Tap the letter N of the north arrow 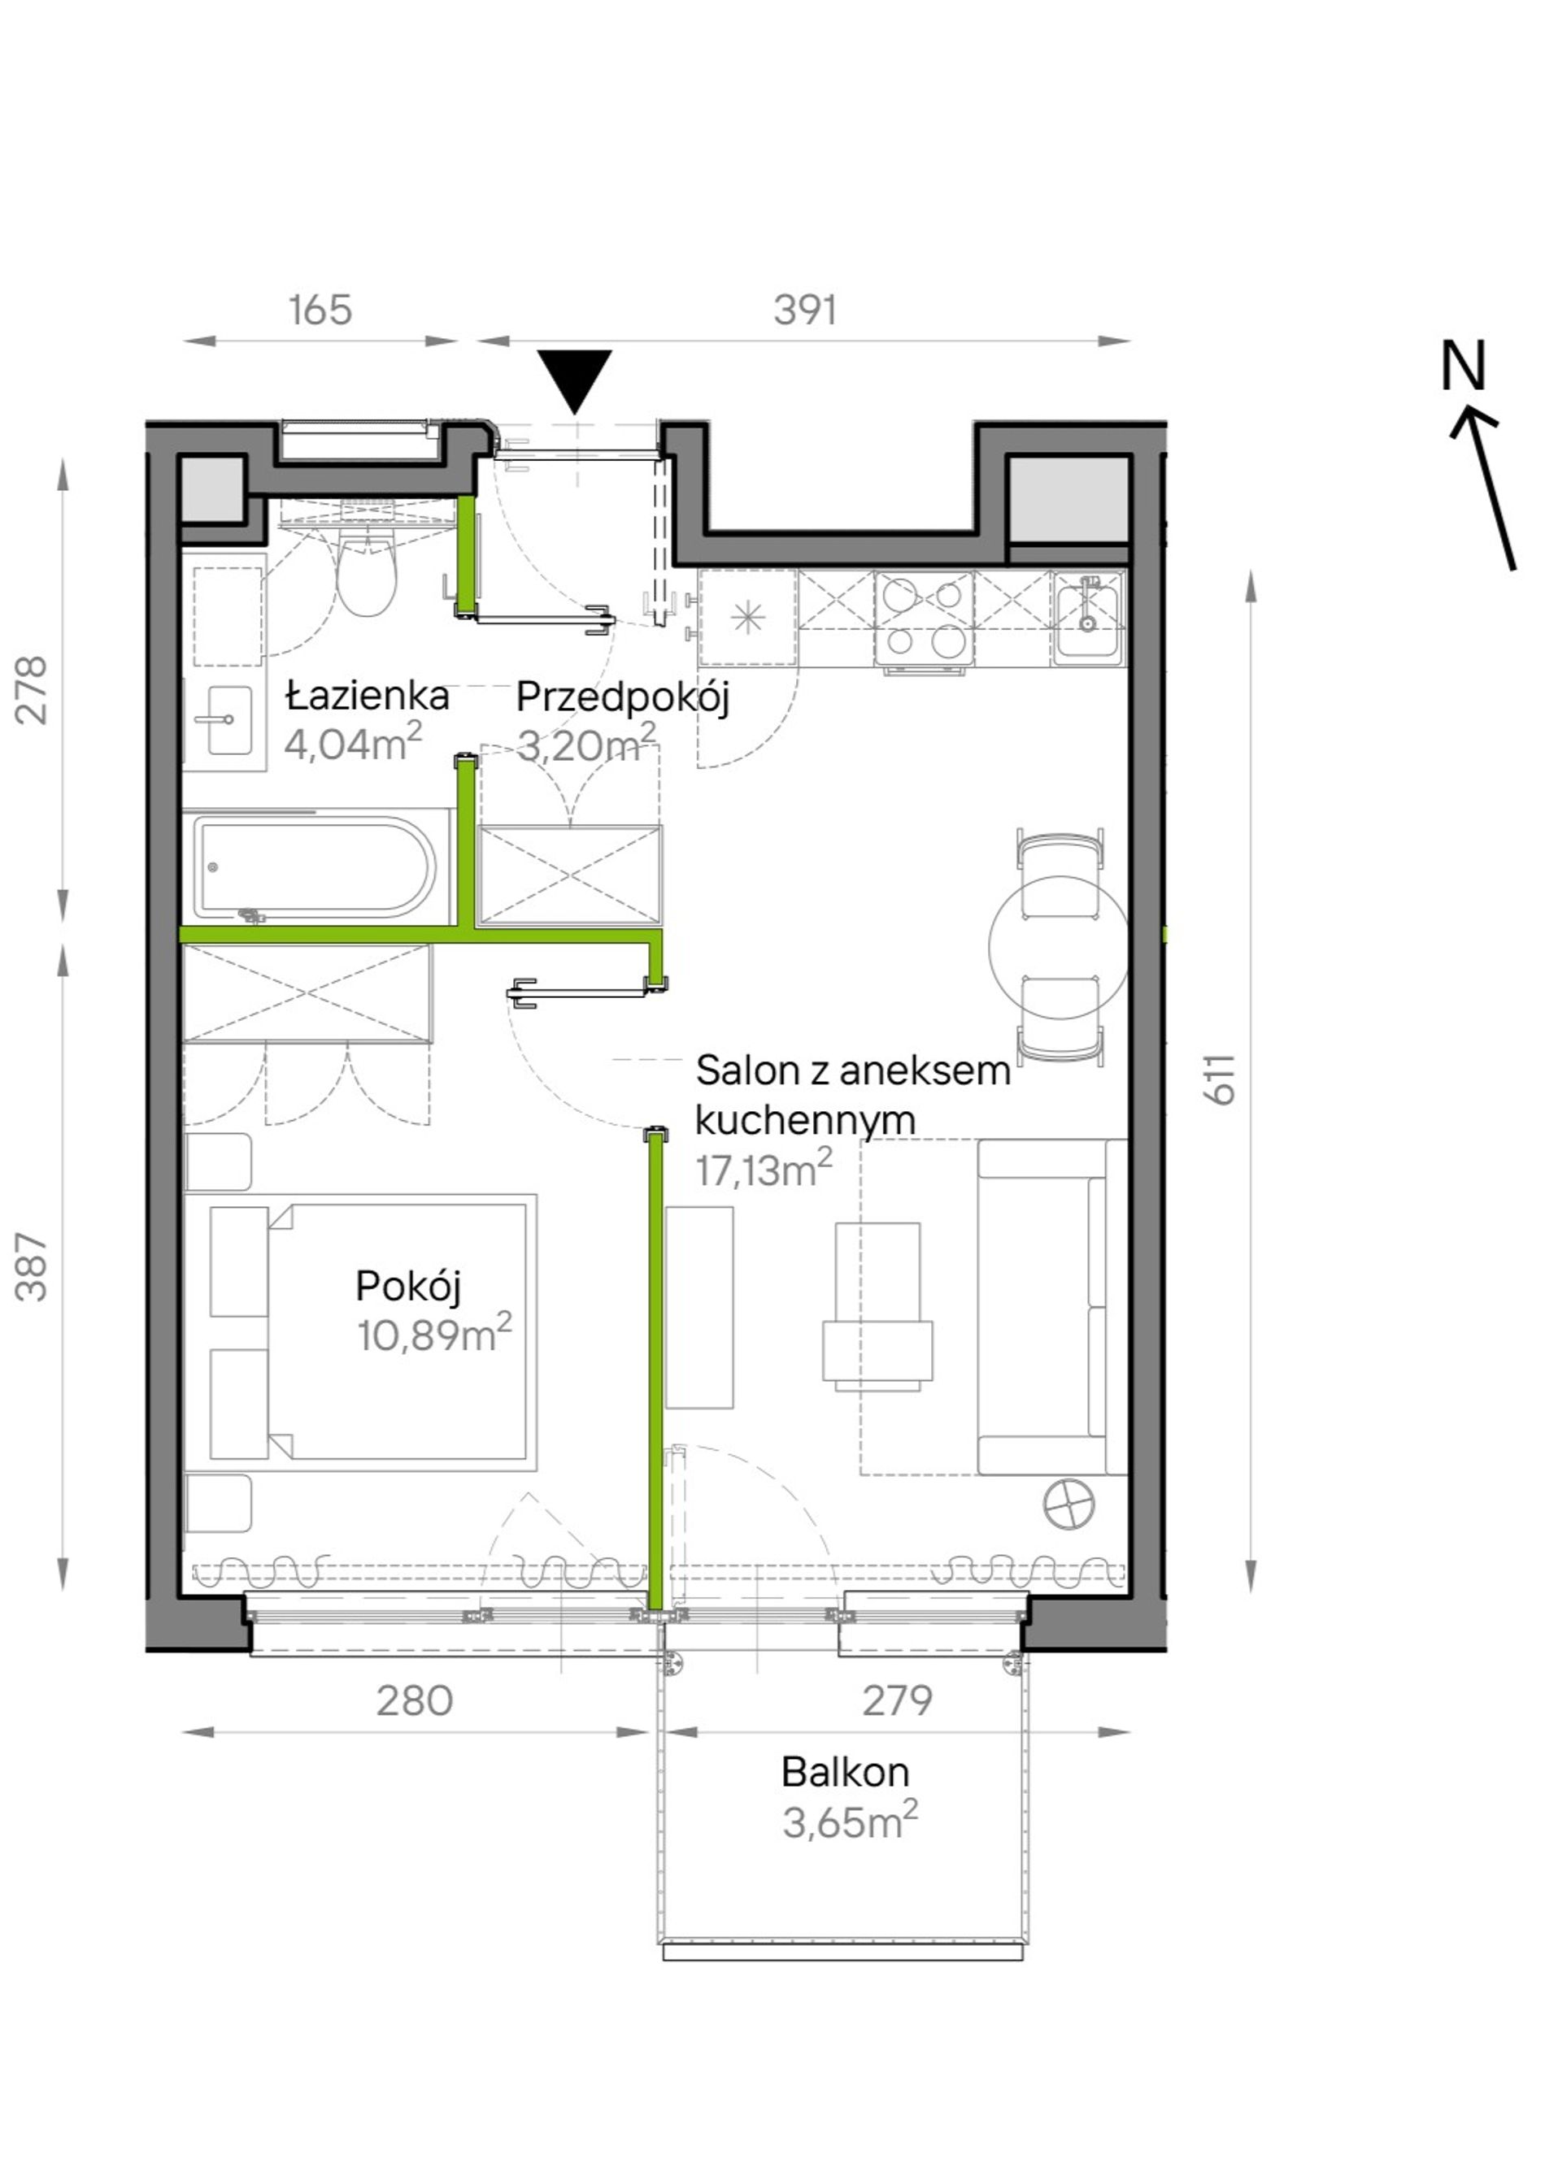pyautogui.click(x=1463, y=367)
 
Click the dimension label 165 pyautogui.click(x=320, y=310)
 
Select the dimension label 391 pyautogui.click(x=805, y=310)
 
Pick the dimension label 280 pyautogui.click(x=415, y=1700)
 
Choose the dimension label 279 pyautogui.click(x=897, y=1700)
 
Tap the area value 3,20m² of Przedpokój pyautogui.click(x=586, y=744)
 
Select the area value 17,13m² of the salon pyautogui.click(x=764, y=1169)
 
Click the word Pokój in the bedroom pyautogui.click(x=408, y=1287)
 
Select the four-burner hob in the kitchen pyautogui.click(x=924, y=619)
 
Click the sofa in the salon pyautogui.click(x=1052, y=1307)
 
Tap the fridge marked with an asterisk pyautogui.click(x=748, y=618)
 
